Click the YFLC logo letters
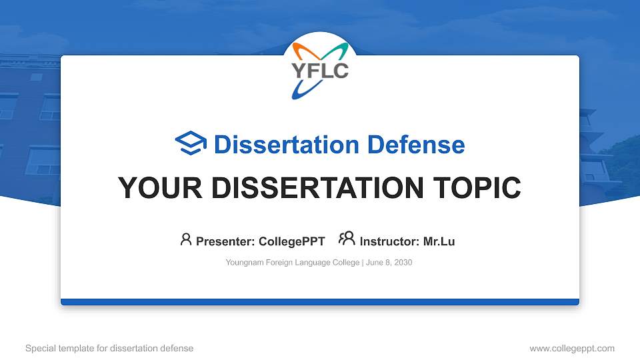point(320,69)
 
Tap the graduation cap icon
point(191,144)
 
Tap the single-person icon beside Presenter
point(186,239)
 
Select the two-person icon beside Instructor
point(347,239)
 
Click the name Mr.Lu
point(439,241)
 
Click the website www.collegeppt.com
point(571,348)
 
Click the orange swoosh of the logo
point(302,51)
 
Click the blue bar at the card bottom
point(320,302)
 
